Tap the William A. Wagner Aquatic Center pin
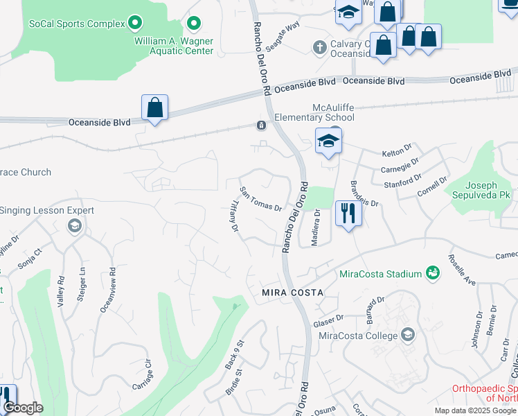[194, 24]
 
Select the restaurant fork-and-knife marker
[348, 213]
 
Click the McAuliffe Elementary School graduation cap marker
[328, 141]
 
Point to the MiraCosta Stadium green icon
[433, 273]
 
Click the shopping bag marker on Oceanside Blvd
[155, 108]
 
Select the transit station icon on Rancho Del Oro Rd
[261, 125]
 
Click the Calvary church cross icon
[319, 47]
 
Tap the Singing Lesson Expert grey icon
[74, 225]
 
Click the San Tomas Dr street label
[260, 199]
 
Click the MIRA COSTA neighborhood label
[292, 293]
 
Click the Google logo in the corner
[22, 408]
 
